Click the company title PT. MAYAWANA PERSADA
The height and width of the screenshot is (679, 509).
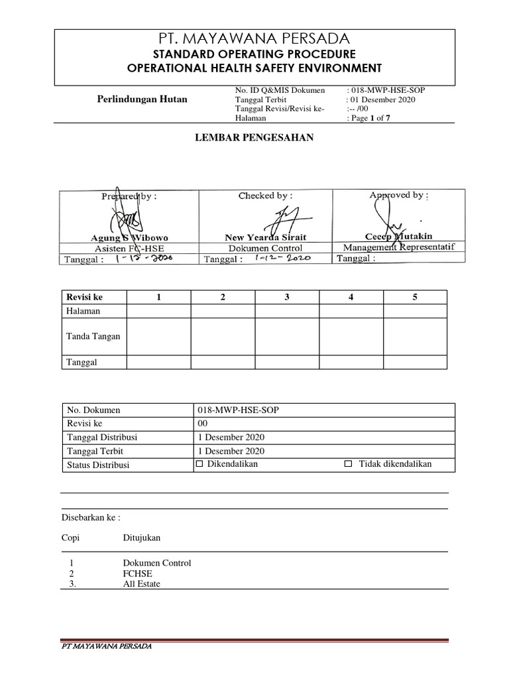254,38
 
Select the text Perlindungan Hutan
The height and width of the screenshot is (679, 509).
142,99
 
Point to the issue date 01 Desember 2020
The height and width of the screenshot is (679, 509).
380,99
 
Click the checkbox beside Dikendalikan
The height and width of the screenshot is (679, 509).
199,464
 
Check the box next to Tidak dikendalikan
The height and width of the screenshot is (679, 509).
349,464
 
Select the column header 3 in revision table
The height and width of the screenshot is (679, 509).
287,297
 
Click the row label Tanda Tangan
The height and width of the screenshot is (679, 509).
93,336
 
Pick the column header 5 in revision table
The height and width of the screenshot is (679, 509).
415,297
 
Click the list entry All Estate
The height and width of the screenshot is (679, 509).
141,584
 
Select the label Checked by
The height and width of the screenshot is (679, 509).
265,196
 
